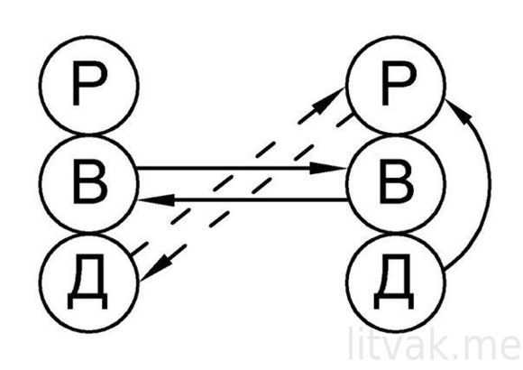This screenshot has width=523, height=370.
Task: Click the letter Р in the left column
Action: pyautogui.click(x=89, y=83)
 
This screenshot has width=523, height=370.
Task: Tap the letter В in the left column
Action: pyautogui.click(x=90, y=181)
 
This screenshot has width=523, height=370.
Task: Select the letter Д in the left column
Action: pyautogui.click(x=87, y=282)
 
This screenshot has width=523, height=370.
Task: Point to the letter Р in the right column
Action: pyautogui.click(x=399, y=83)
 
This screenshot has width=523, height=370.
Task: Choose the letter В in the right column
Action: pyautogui.click(x=397, y=181)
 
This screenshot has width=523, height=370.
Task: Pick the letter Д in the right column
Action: pyautogui.click(x=394, y=282)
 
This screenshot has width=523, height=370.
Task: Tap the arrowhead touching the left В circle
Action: pyautogui.click(x=156, y=199)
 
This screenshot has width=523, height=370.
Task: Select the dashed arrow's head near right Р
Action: pyautogui.click(x=328, y=101)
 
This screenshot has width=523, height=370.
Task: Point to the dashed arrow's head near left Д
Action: pyautogui.click(x=156, y=268)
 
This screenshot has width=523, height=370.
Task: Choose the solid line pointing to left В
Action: pyautogui.click(x=243, y=199)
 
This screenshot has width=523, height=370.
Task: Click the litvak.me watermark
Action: pyautogui.click(x=434, y=344)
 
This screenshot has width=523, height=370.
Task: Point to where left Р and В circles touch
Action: pyautogui.click(x=89, y=134)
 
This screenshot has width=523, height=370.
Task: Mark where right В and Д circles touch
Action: pyautogui.click(x=396, y=234)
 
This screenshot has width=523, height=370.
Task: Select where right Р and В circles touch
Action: pyautogui.click(x=396, y=134)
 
